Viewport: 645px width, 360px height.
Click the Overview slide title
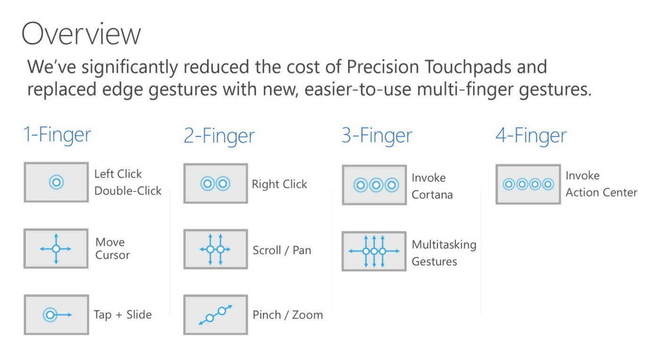coord(81,33)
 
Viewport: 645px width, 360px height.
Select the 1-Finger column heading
coord(57,135)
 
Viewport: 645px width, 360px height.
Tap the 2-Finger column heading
coord(219,136)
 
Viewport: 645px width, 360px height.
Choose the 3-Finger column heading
coord(377,136)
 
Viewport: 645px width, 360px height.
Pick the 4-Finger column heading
coord(531,136)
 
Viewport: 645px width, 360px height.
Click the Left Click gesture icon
coord(56,182)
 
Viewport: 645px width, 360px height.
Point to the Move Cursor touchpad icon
coord(56,249)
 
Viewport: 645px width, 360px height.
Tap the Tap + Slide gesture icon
coord(56,315)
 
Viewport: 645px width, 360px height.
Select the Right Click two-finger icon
coord(215,184)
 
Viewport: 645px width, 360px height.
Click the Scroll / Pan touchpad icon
coord(215,249)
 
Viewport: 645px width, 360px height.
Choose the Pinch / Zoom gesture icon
coord(215,315)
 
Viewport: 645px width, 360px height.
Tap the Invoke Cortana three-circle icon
coord(374,185)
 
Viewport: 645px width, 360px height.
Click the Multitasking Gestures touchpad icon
coord(374,251)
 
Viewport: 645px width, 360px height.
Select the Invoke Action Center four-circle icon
coord(528,184)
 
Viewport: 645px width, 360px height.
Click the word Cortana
coord(432,194)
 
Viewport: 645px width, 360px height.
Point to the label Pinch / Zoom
coord(288,315)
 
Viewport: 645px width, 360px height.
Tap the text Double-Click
coord(128,191)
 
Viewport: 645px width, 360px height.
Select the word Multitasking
coord(444,245)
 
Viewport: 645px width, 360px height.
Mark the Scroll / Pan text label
coord(282,250)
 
